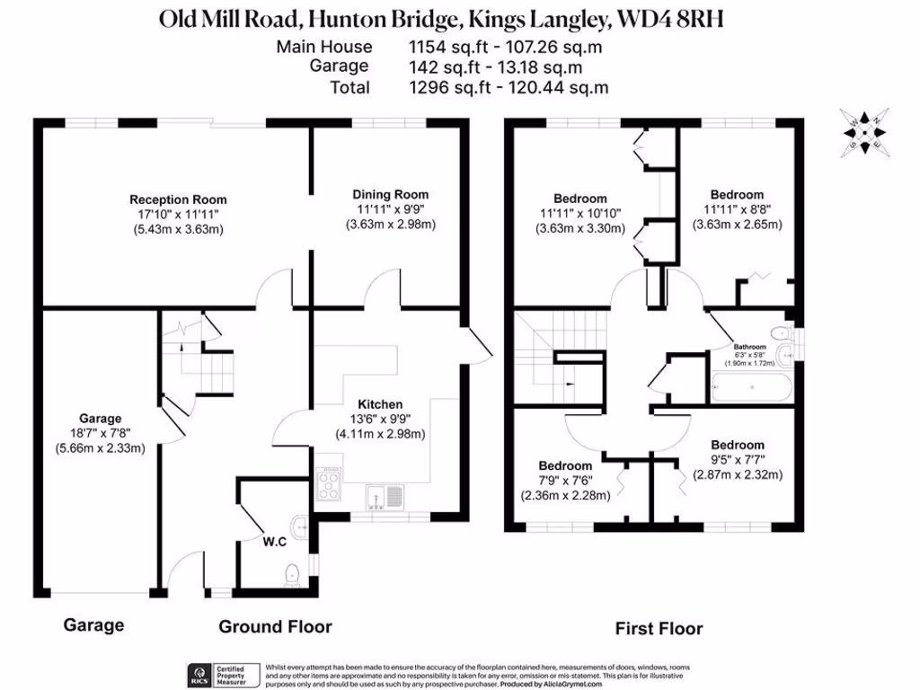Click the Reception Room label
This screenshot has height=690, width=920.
[178, 199]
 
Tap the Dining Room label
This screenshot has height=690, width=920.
[390, 194]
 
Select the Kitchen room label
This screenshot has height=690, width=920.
[380, 404]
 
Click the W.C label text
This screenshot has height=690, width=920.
[274, 542]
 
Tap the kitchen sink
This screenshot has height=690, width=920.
[385, 495]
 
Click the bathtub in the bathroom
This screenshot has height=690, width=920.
[751, 389]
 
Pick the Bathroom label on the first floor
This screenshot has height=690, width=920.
[749, 347]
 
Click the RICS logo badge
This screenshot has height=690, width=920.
[199, 674]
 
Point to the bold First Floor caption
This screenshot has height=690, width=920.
[659, 629]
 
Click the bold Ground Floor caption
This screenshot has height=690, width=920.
[275, 626]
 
